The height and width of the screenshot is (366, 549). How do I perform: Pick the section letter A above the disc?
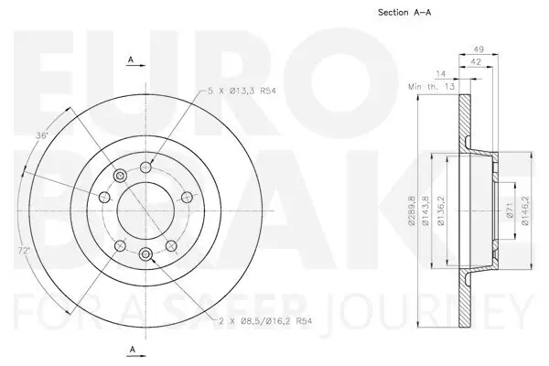[132, 60]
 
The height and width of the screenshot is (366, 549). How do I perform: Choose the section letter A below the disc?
[132, 349]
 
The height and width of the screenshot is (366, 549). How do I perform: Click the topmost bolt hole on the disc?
[146, 167]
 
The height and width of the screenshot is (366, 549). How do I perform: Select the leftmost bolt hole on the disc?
[104, 197]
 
